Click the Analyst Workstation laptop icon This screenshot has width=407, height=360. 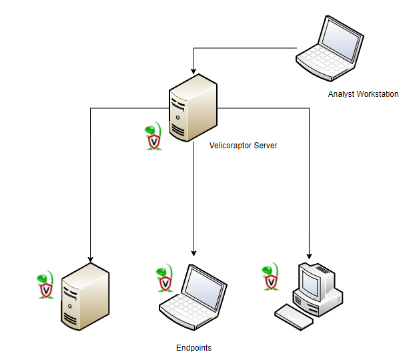point(331,46)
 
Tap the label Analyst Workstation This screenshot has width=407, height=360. point(363,94)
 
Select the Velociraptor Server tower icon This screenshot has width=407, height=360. point(193,107)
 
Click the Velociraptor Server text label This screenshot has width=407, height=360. point(243,146)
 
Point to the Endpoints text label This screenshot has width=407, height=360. point(193,348)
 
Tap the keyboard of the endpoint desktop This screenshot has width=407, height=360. point(294,316)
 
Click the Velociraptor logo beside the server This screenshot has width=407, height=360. point(154,137)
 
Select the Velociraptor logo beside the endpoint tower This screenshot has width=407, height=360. point(45,285)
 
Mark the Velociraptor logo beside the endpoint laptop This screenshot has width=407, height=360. point(163,280)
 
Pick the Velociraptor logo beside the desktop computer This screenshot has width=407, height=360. point(270,277)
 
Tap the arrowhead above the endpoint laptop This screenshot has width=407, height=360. point(193,252)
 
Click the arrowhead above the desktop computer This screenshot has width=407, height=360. point(309,255)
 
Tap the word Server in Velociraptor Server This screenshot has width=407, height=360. point(265,146)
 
